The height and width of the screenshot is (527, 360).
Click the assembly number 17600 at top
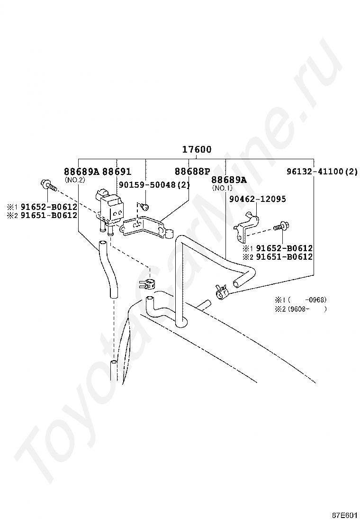197,150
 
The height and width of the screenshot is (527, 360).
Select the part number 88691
117,172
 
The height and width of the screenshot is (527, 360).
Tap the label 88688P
192,172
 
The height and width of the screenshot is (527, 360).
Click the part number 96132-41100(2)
322,172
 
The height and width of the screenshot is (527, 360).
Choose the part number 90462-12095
257,200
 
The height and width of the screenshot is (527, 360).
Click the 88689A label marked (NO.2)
81,172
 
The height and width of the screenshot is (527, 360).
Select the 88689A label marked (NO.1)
229,180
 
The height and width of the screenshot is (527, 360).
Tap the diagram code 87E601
344,515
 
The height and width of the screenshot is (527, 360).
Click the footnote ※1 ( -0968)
300,300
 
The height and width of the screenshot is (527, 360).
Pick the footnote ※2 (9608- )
300,309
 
